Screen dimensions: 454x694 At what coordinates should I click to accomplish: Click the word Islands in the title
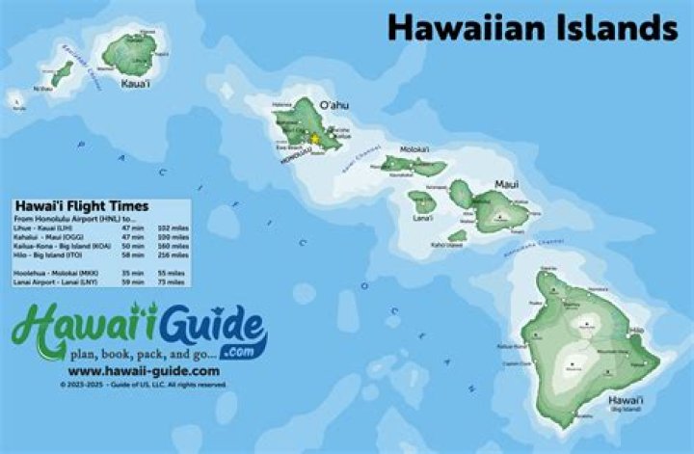click(613, 27)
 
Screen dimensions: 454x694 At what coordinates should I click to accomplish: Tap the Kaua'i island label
click(135, 85)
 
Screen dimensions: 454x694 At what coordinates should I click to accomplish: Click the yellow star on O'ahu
click(314, 139)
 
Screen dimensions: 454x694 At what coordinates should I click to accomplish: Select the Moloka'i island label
click(414, 149)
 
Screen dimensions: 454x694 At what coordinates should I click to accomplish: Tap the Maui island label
click(506, 182)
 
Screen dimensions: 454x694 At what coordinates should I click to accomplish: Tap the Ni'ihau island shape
click(62, 74)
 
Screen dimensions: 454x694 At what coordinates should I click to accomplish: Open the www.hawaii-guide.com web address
click(144, 370)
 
